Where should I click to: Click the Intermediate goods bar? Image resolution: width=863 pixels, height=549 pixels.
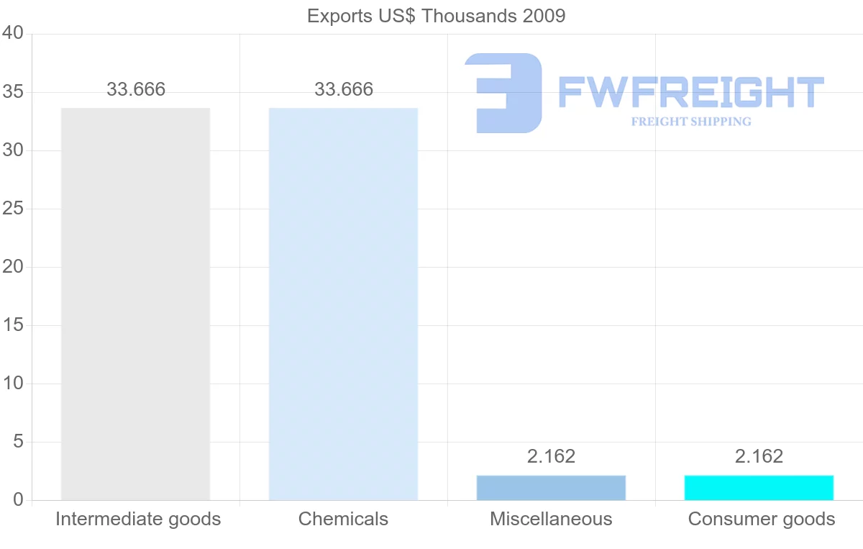[x=135, y=304]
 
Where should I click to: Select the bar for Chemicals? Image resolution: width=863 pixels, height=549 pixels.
[x=343, y=304]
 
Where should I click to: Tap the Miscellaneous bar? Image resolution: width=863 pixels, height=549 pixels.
[x=551, y=488]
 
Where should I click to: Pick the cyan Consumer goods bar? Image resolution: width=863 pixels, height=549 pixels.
[x=759, y=488]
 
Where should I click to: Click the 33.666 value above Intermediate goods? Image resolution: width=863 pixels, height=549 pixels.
[x=136, y=90]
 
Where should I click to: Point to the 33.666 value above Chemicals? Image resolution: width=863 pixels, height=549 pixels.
[x=344, y=90]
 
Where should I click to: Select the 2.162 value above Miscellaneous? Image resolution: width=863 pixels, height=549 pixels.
[x=551, y=456]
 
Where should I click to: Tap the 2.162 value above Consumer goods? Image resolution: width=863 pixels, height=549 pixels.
[x=759, y=456]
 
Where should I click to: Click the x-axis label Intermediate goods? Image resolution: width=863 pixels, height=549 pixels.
[x=138, y=519]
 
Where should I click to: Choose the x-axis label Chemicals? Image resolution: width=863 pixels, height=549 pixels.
[x=343, y=519]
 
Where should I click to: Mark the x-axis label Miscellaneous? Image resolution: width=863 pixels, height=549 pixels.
[x=551, y=519]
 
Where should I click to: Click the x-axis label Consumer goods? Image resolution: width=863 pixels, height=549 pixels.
[x=762, y=519]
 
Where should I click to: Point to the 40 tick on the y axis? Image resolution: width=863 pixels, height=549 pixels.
[x=13, y=34]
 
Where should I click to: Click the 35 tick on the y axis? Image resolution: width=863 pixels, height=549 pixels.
[x=13, y=93]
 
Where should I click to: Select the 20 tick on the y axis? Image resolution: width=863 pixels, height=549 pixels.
[x=13, y=267]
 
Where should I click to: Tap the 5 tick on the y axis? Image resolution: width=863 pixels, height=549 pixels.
[x=19, y=442]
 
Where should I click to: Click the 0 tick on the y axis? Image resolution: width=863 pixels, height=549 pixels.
[x=19, y=500]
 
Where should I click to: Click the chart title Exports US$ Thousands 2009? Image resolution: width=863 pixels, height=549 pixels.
[x=436, y=16]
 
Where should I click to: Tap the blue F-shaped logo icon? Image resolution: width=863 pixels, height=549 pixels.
[x=503, y=93]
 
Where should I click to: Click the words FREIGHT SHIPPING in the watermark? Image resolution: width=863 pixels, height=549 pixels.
[x=691, y=122]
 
